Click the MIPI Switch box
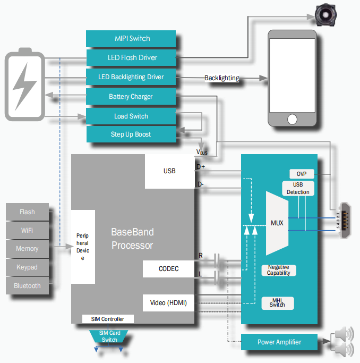(x=131, y=38)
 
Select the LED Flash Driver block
(x=131, y=57)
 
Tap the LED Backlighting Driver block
(x=131, y=77)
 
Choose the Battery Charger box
(x=131, y=97)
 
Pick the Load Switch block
(x=131, y=116)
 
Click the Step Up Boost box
(x=131, y=134)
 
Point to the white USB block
(x=169, y=171)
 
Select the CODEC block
(x=169, y=269)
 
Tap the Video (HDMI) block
(x=169, y=303)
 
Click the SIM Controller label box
(x=108, y=319)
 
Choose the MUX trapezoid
(x=278, y=223)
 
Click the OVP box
(x=302, y=174)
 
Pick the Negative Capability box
(x=279, y=270)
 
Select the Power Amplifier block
(x=279, y=342)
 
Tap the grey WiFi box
(x=28, y=230)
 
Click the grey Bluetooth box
(x=28, y=286)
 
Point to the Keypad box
(x=28, y=267)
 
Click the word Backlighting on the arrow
(x=221, y=78)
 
